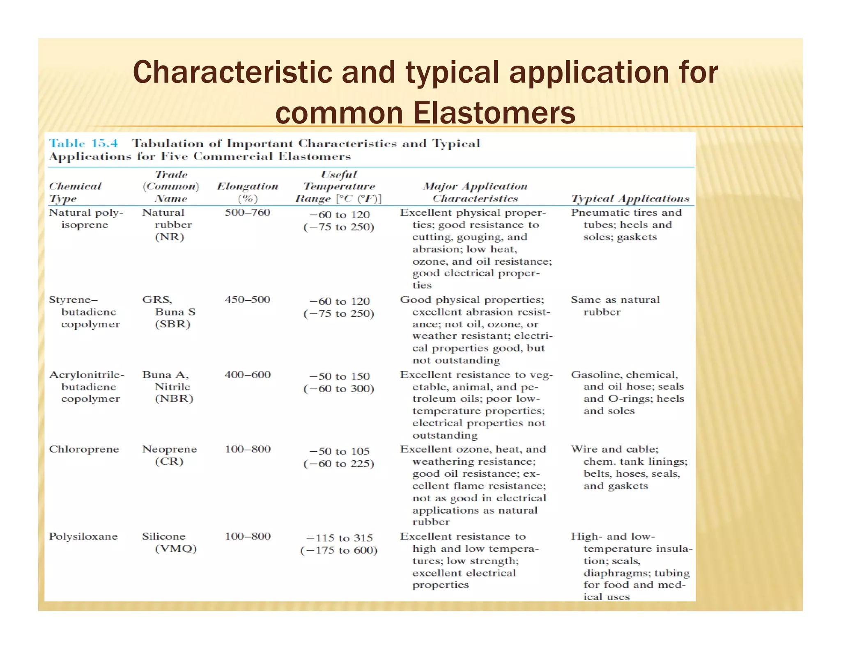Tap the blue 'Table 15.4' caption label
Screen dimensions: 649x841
83,143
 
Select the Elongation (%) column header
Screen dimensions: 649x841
248,192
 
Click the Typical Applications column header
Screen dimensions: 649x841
630,199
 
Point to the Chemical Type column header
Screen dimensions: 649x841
75,192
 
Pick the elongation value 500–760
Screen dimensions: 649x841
248,213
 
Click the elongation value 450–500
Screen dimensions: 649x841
248,299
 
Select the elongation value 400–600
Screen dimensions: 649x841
248,375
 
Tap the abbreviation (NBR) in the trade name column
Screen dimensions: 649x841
174,399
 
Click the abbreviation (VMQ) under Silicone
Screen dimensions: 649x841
176,548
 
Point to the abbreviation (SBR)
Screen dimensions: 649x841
173,324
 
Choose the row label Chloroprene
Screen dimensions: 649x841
84,449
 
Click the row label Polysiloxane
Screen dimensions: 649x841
83,537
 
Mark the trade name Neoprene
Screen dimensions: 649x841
170,449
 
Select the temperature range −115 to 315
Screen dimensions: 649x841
340,538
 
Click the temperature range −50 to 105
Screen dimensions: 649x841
340,451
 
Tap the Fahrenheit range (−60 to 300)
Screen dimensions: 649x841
339,388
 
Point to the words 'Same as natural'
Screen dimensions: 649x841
615,300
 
